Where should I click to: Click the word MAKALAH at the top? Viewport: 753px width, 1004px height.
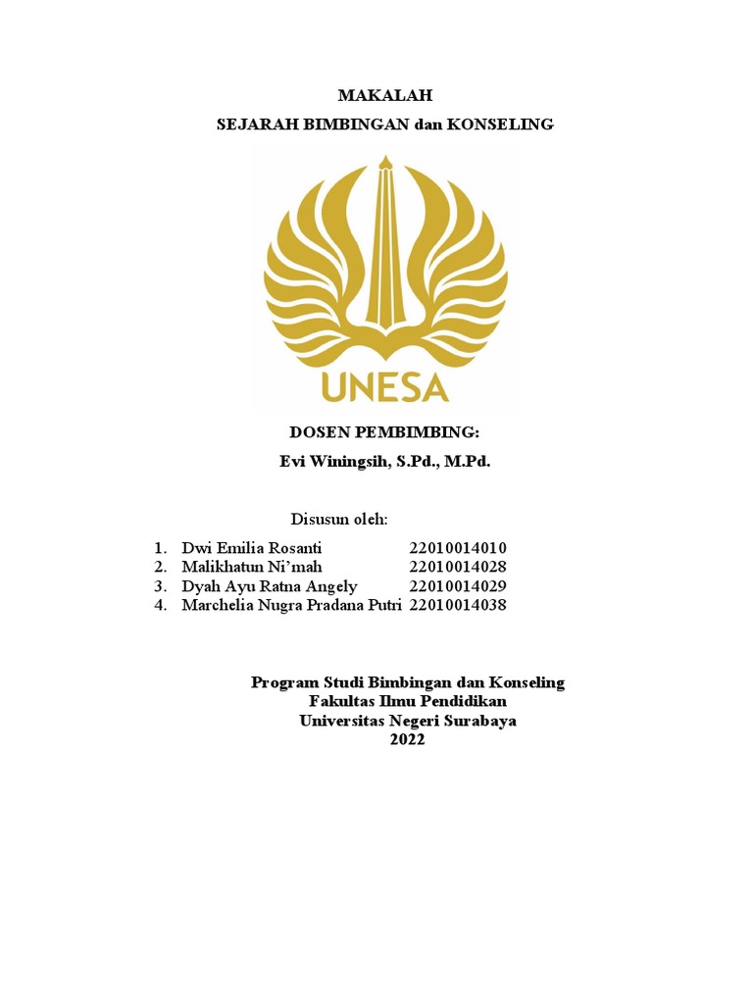point(384,95)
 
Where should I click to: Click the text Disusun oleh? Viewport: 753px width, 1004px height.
point(339,518)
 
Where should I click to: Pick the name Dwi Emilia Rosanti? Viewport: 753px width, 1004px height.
point(251,547)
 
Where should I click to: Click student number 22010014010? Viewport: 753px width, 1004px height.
point(458,547)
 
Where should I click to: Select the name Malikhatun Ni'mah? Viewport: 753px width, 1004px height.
point(251,567)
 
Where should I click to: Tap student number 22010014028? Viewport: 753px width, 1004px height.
point(458,567)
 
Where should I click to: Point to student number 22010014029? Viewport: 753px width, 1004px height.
point(458,586)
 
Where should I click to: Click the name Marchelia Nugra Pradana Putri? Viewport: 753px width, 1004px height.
point(292,606)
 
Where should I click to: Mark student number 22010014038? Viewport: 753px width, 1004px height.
point(458,606)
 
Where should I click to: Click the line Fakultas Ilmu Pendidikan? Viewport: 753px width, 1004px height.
point(408,701)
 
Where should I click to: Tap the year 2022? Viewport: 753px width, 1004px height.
point(408,740)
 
